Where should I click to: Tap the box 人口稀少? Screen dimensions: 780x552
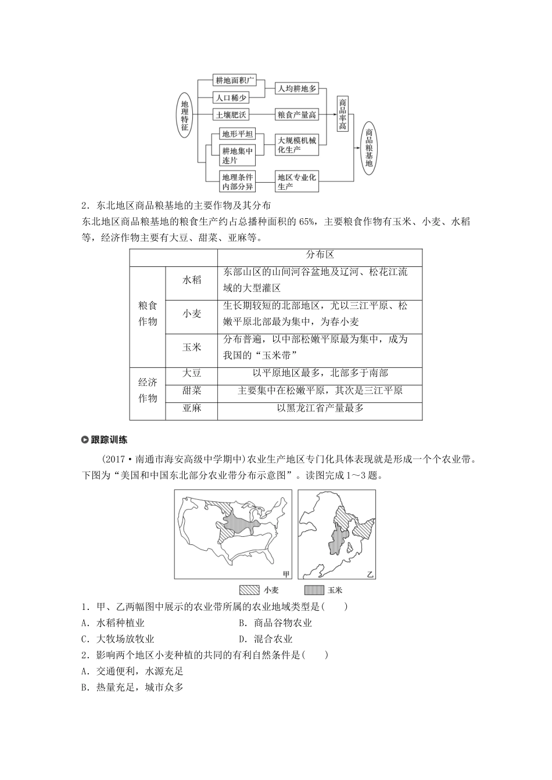tap(231, 98)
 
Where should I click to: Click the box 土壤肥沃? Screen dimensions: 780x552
tap(231, 115)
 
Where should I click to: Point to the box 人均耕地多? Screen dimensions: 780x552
tap(297, 89)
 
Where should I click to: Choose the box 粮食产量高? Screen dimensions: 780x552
tap(297, 115)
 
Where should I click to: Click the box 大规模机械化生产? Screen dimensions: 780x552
tap(297, 145)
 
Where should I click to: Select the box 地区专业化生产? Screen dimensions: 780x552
tap(297, 182)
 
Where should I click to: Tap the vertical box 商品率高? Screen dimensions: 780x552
tap(343, 114)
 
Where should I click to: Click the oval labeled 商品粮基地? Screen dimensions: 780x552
tap(369, 147)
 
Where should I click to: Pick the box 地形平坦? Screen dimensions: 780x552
tap(238, 134)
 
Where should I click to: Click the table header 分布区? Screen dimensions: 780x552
tap(320, 255)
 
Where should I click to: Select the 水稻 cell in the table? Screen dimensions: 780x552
tap(191, 280)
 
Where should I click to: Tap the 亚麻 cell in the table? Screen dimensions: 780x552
tap(191, 408)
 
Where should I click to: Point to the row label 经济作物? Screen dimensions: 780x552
tap(148, 391)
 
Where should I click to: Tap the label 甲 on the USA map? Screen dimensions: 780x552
tap(285, 573)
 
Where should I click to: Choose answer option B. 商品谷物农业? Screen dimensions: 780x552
tap(275, 623)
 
